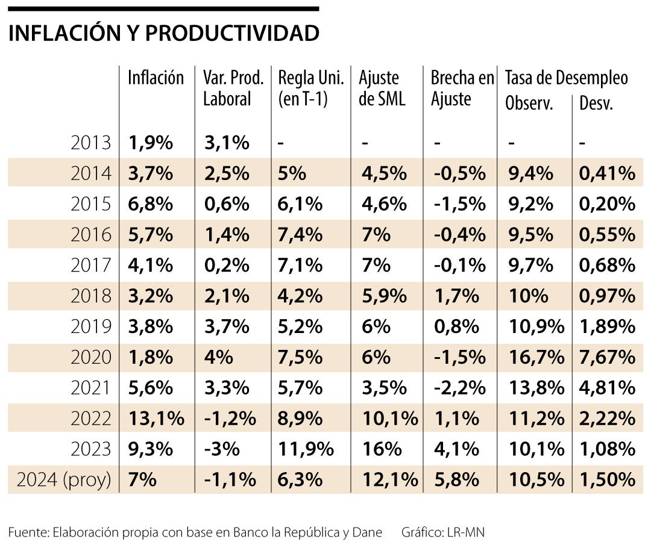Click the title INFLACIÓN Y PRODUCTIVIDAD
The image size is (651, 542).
[163, 34]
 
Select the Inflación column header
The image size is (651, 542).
[155, 78]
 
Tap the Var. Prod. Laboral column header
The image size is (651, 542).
[233, 88]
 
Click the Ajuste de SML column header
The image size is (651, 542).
[382, 88]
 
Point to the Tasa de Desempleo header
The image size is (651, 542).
[566, 78]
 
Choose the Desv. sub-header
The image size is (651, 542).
[596, 104]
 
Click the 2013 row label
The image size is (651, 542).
[90, 143]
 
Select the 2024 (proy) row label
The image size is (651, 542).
[64, 480]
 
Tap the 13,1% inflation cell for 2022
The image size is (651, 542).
[156, 419]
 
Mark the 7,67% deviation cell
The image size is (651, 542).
[607, 357]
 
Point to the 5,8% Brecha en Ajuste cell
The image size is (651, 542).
[455, 480]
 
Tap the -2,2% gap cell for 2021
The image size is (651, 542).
[458, 388]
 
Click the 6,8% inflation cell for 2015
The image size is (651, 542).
[150, 204]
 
